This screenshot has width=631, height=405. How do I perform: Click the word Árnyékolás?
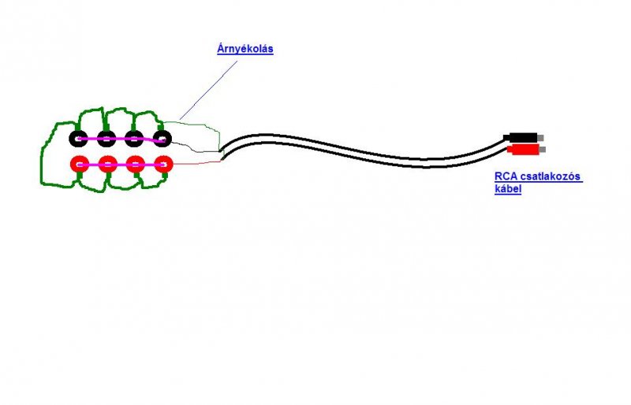[x=245, y=49]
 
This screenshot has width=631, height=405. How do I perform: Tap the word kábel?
[x=508, y=190]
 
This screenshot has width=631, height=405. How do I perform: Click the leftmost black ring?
[x=78, y=139]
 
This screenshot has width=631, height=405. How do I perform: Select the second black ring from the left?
[x=106, y=139]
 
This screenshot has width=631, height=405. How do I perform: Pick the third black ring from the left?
[x=134, y=139]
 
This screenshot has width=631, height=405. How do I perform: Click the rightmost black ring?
[x=162, y=139]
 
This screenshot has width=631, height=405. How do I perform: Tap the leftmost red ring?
[x=79, y=165]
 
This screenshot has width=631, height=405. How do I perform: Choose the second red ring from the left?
[x=107, y=165]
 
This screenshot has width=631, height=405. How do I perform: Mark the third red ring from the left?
[x=135, y=165]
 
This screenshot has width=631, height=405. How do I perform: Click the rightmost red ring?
[x=163, y=165]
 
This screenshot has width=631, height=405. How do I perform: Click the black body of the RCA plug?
[x=522, y=138]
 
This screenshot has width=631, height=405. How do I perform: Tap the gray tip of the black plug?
[x=540, y=138]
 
